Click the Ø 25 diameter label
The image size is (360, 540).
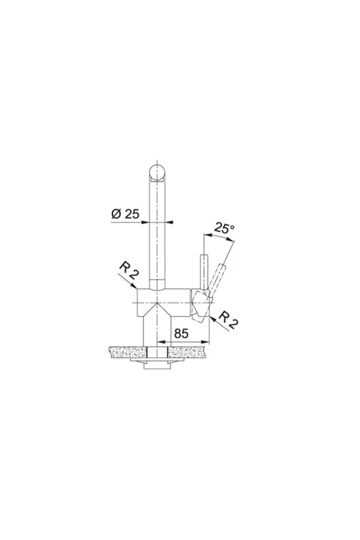click(125, 214)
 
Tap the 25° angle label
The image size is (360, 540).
click(224, 227)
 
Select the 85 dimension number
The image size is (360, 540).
click(181, 333)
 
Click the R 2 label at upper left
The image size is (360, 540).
click(129, 271)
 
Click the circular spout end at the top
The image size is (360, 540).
click(157, 172)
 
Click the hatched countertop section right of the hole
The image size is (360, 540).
click(188, 352)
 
